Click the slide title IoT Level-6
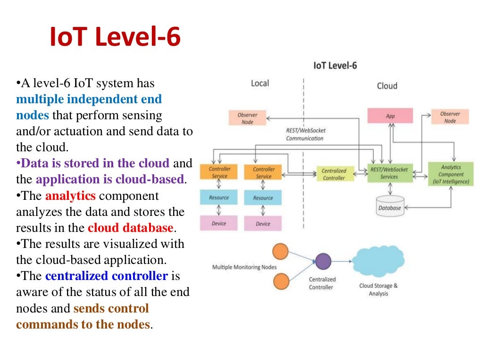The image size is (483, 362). coord(115,38)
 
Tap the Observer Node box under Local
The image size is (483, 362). coord(247,118)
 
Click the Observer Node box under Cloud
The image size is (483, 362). coord(450,117)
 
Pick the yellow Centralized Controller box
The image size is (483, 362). coord(334,174)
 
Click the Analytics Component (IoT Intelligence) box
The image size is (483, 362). coord(451,174)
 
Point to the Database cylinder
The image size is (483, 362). coord(390,206)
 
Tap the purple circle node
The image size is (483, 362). coord(323,261)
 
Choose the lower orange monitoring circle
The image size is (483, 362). coord(282,281)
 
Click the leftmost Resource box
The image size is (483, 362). coord(219,197)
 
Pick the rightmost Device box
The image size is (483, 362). coord(263,223)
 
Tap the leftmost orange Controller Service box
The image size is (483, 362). coord(219,172)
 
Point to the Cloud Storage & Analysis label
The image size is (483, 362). coord(378,289)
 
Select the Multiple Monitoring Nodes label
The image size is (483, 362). coord(244,267)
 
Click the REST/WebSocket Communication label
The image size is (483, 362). coord(305,134)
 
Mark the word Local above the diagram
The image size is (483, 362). coord(259,83)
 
